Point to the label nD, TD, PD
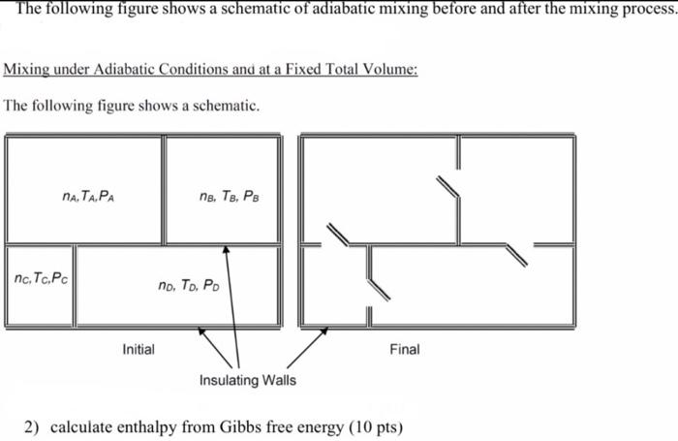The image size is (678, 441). (x=188, y=285)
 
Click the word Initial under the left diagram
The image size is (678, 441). (x=139, y=349)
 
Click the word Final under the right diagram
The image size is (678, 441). (x=404, y=349)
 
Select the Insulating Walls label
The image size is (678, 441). (x=248, y=380)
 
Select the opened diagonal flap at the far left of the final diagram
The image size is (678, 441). (x=338, y=236)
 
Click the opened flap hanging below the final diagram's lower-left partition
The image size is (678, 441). (x=377, y=288)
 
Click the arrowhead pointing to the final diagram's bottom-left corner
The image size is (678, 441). (x=324, y=331)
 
